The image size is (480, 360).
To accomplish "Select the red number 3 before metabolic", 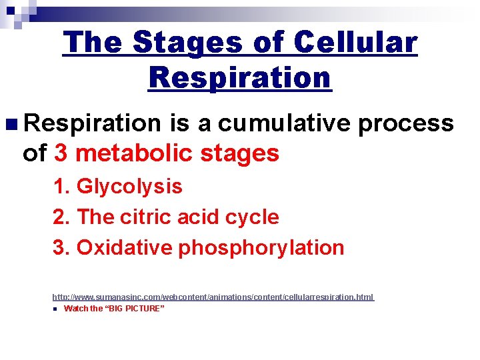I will coord(61,153).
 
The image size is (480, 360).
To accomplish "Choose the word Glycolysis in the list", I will coord(129,187).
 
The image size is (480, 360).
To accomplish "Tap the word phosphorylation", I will coord(261,247).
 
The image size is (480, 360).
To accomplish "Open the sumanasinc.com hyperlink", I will coord(213,297).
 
